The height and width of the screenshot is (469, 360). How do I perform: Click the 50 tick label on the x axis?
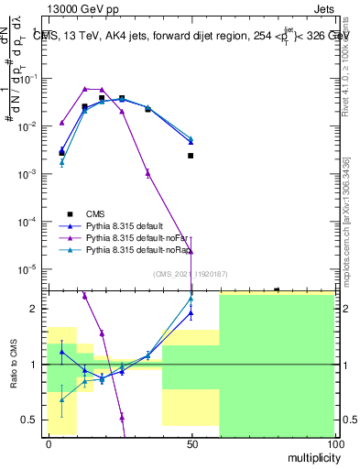point(191,443)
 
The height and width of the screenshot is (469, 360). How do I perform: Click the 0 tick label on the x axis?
point(48,443)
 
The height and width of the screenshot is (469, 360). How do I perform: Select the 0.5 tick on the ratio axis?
point(29,420)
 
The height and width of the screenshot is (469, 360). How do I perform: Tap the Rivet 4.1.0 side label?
point(345,64)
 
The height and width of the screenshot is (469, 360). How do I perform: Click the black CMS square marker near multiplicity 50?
point(191,156)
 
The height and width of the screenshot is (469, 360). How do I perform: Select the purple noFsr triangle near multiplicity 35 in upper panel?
point(147,172)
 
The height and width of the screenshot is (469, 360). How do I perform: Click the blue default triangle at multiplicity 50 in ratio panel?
point(191,312)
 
